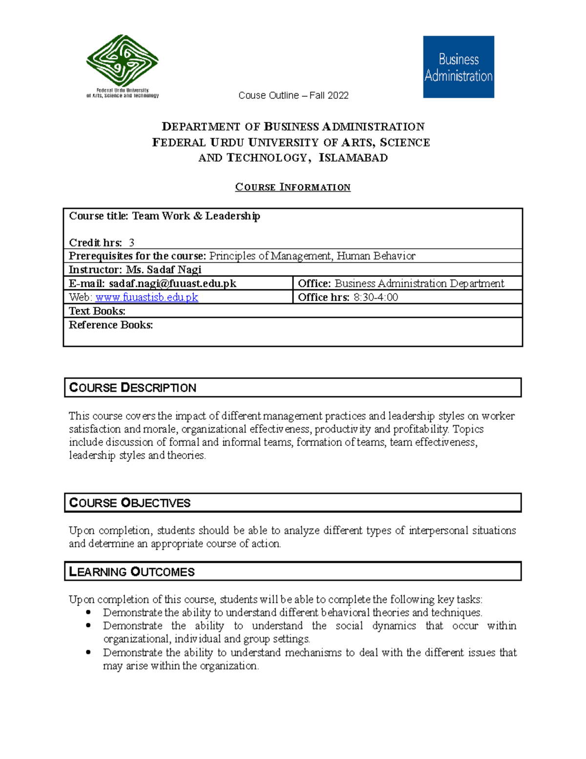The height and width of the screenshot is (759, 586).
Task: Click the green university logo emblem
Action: pos(122,61)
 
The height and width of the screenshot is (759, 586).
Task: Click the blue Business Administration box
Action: pos(458,67)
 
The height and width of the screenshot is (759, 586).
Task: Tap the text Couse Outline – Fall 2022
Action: pos(293,95)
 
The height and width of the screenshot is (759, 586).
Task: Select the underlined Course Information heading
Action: pos(293,187)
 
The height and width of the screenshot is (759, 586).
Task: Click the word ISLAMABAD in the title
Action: pos(353,158)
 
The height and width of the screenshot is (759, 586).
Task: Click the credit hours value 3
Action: pos(131,243)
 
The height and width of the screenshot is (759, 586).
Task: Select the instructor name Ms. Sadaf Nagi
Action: pos(164,270)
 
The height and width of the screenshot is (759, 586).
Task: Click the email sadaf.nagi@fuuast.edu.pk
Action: pos(172,283)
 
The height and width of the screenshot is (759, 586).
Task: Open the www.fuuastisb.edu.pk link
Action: pos(146,297)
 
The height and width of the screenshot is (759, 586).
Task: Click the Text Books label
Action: pos(97,311)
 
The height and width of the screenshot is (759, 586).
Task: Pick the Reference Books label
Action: pos(111,325)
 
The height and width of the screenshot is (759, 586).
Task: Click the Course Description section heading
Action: pos(133,388)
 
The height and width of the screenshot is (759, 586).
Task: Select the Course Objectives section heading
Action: pos(130,503)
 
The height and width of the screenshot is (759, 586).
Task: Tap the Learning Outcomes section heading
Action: pos(132,572)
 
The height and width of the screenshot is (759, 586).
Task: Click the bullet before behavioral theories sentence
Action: pos(88,612)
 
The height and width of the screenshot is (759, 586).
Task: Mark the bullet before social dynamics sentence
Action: pos(88,626)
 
